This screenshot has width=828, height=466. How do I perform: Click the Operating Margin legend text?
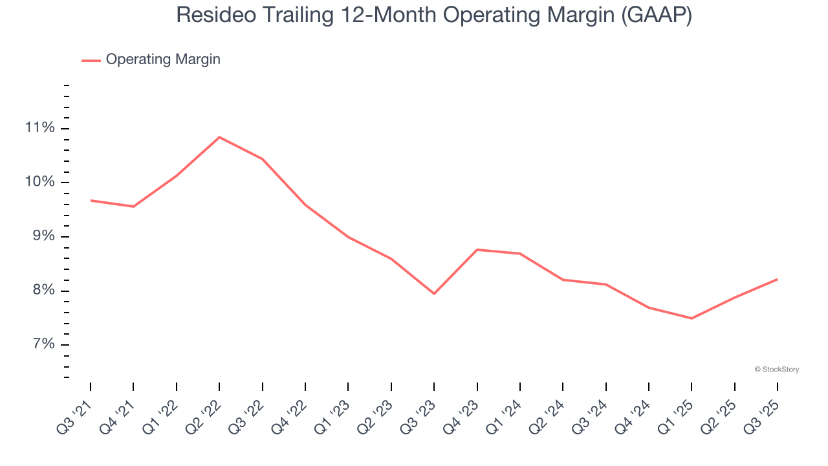tap(163, 60)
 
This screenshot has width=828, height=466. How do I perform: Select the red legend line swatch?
tap(91, 60)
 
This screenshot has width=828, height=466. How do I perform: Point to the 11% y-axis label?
tap(39, 128)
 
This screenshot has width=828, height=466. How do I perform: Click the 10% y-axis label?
tap(39, 182)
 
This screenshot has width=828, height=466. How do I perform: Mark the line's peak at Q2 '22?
tap(219, 137)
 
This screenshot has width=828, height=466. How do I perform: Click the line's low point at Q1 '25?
tap(692, 318)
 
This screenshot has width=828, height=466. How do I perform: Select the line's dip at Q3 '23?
tap(434, 294)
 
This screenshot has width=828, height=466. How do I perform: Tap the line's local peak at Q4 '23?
tap(477, 249)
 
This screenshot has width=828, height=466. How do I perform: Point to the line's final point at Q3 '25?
tap(777, 279)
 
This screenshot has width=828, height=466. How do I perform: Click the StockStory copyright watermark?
tap(776, 370)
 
